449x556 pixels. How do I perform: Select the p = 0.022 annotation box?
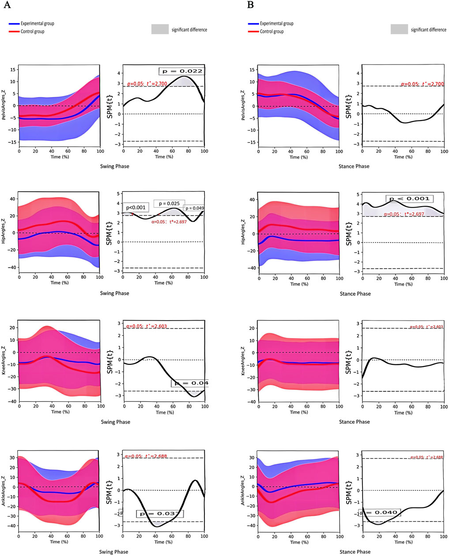[x=181, y=71]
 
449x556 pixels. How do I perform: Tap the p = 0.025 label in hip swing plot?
[x=170, y=204]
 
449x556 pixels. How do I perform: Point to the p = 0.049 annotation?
[x=194, y=208]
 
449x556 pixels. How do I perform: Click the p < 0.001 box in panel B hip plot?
[x=409, y=199]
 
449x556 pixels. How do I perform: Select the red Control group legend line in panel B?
[x=253, y=32]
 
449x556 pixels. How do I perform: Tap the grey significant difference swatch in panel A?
[x=160, y=30]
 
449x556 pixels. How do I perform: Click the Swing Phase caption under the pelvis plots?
[x=115, y=166]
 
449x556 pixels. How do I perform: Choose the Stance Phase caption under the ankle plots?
[x=355, y=552]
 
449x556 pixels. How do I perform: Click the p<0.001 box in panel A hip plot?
[x=136, y=208]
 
